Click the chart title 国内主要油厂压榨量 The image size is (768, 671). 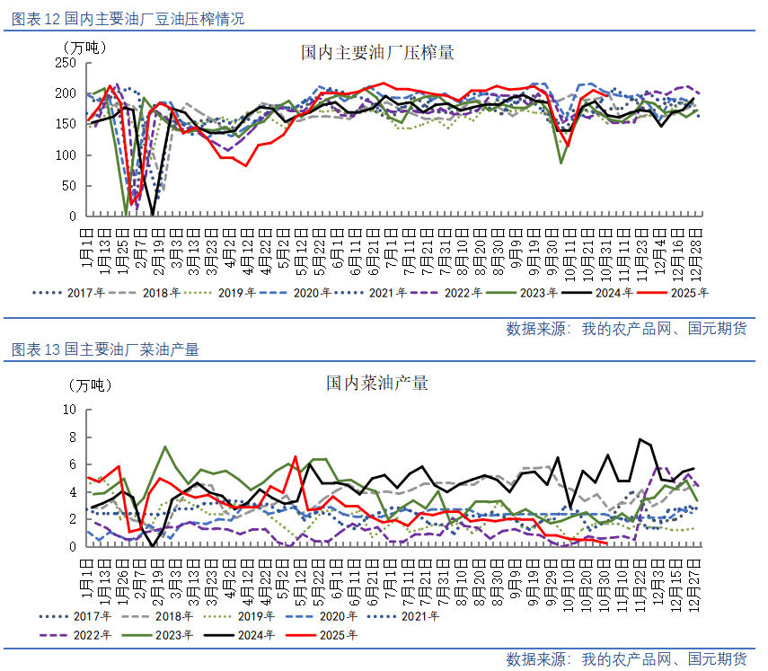click(x=377, y=53)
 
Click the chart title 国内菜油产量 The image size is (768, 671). click(x=377, y=384)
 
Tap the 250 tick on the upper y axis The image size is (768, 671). click(x=66, y=63)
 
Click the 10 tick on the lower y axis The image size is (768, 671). click(x=69, y=410)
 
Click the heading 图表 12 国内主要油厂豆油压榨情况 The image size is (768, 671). click(x=128, y=19)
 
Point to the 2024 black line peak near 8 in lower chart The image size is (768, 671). click(x=640, y=439)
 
